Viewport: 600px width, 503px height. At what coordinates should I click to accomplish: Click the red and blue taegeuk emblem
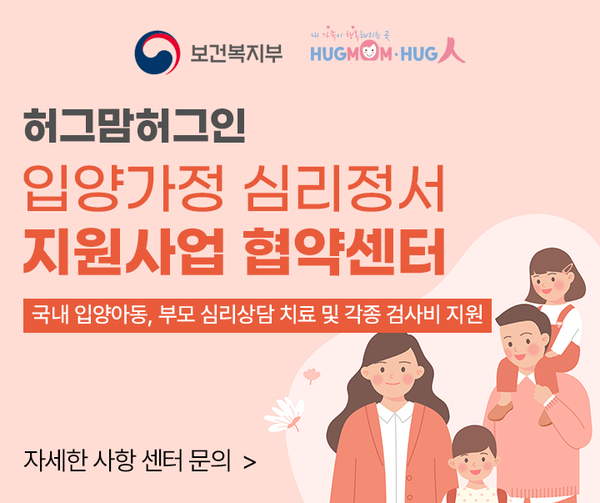pos(157,53)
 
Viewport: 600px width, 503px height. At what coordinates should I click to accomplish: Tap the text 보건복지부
pos(237,53)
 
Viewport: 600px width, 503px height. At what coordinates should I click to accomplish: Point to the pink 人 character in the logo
pos(452,50)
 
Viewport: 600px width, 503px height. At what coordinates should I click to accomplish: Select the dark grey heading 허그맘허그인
pos(134,125)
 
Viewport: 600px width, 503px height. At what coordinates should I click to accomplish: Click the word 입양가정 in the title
pos(123,188)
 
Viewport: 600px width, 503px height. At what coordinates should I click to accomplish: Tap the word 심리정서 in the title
pos(344,188)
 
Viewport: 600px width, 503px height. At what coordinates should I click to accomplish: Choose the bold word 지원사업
pos(123,251)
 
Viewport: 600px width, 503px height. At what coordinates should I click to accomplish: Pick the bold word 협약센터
pos(344,251)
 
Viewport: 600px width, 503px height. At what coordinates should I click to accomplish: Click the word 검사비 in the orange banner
pos(412,314)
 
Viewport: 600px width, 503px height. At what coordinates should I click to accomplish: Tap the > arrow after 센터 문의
pos(249,462)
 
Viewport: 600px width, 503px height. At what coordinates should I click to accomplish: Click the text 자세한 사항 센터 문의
pos(127,460)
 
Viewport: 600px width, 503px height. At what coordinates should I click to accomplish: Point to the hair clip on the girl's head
pos(568,268)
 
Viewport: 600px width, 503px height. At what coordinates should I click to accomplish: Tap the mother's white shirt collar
pos(395,411)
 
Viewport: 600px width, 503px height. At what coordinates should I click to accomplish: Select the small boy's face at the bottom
pos(474,460)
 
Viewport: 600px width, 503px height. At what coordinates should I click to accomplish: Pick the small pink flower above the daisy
pos(312,375)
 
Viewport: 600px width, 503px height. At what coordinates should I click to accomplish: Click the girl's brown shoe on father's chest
pos(500,411)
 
